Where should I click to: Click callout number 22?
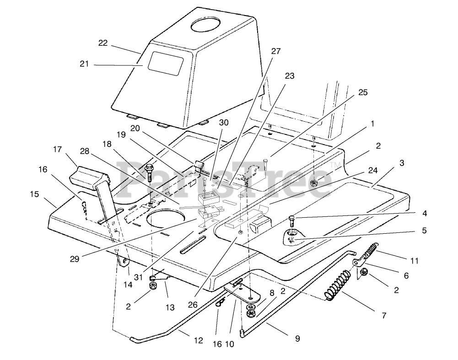(x=102, y=43)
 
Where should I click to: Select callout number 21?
(x=84, y=64)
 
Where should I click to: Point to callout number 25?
(x=362, y=92)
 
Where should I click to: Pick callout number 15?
(x=34, y=194)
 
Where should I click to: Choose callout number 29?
(x=75, y=258)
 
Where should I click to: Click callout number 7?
(x=384, y=315)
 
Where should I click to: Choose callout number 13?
(x=170, y=308)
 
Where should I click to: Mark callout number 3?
(x=401, y=163)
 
